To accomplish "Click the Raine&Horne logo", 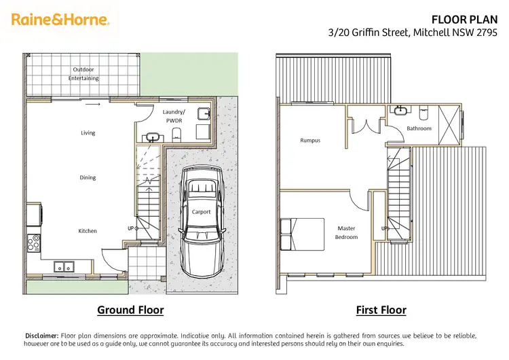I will tap(60, 20).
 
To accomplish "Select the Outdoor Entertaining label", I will tap(83, 74).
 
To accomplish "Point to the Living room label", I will tap(88, 133).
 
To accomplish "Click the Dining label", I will tap(88, 177).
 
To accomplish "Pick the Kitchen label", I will tap(88, 231).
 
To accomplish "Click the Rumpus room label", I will tap(309, 141).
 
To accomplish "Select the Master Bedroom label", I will tap(347, 232).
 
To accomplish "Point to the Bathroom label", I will tap(419, 128).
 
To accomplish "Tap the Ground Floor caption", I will tap(130, 310).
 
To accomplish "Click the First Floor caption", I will tap(381, 310).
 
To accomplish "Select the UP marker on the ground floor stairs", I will tap(130, 228).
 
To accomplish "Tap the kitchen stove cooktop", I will tap(32, 240).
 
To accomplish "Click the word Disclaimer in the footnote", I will tap(41, 336).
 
